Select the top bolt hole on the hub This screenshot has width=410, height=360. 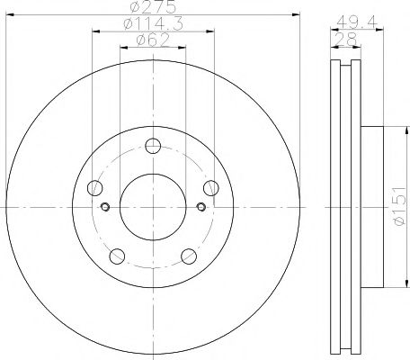coord(154,146)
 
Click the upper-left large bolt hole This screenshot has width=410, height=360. coord(95,188)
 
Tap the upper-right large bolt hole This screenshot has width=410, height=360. coord(211,187)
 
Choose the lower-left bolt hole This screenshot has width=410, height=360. coord(118,256)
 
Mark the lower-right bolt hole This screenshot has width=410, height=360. coord(190,256)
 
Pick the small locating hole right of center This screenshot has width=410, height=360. coord(201,207)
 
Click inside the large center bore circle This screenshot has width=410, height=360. coord(153,207)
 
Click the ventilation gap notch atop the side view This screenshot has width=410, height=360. coord(344,64)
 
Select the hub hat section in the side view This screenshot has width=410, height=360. coord(370,207)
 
